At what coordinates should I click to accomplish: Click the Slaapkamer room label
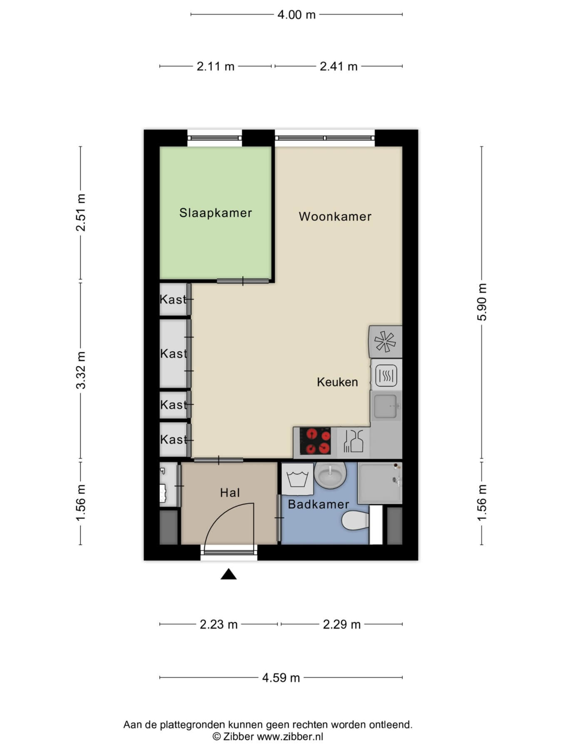click(x=216, y=213)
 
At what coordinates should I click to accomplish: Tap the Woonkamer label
click(x=335, y=216)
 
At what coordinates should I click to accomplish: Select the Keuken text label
click(x=337, y=382)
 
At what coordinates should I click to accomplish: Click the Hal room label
click(x=230, y=493)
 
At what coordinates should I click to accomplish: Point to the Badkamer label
click(x=318, y=505)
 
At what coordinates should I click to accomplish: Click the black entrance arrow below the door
click(x=229, y=574)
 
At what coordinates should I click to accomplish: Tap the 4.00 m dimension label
click(x=296, y=15)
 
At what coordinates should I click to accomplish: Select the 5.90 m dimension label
click(x=482, y=302)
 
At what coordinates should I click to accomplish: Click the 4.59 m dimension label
click(x=281, y=678)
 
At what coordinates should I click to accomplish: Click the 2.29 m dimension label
click(x=342, y=625)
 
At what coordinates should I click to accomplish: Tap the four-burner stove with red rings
click(x=316, y=441)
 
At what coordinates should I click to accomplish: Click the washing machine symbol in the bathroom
click(x=297, y=479)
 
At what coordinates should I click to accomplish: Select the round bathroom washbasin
click(x=331, y=475)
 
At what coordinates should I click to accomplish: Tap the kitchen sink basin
click(x=385, y=406)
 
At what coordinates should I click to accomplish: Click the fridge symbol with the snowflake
click(x=385, y=342)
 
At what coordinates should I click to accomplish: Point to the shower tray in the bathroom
click(x=380, y=483)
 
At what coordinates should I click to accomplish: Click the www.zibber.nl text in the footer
click(x=290, y=736)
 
